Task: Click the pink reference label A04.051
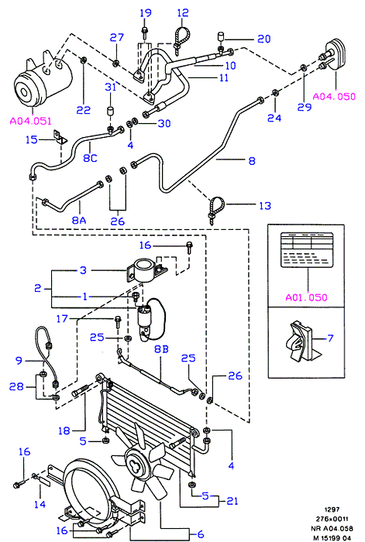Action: coord(30,121)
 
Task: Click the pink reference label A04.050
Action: coord(334,96)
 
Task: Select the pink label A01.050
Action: coord(307,297)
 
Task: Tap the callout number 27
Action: coord(117,37)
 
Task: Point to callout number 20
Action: coord(264,39)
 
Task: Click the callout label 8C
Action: coord(90,158)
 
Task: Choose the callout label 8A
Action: coord(79,220)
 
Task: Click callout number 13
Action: coord(265,206)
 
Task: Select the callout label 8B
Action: coord(161,349)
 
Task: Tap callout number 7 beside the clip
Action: coord(330,338)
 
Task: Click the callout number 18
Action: coord(64,431)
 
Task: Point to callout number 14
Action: coord(40,504)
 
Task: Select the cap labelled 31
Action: coord(110,112)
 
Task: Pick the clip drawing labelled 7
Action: coord(299,341)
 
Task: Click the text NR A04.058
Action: coord(332,528)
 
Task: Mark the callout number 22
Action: coord(84,110)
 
